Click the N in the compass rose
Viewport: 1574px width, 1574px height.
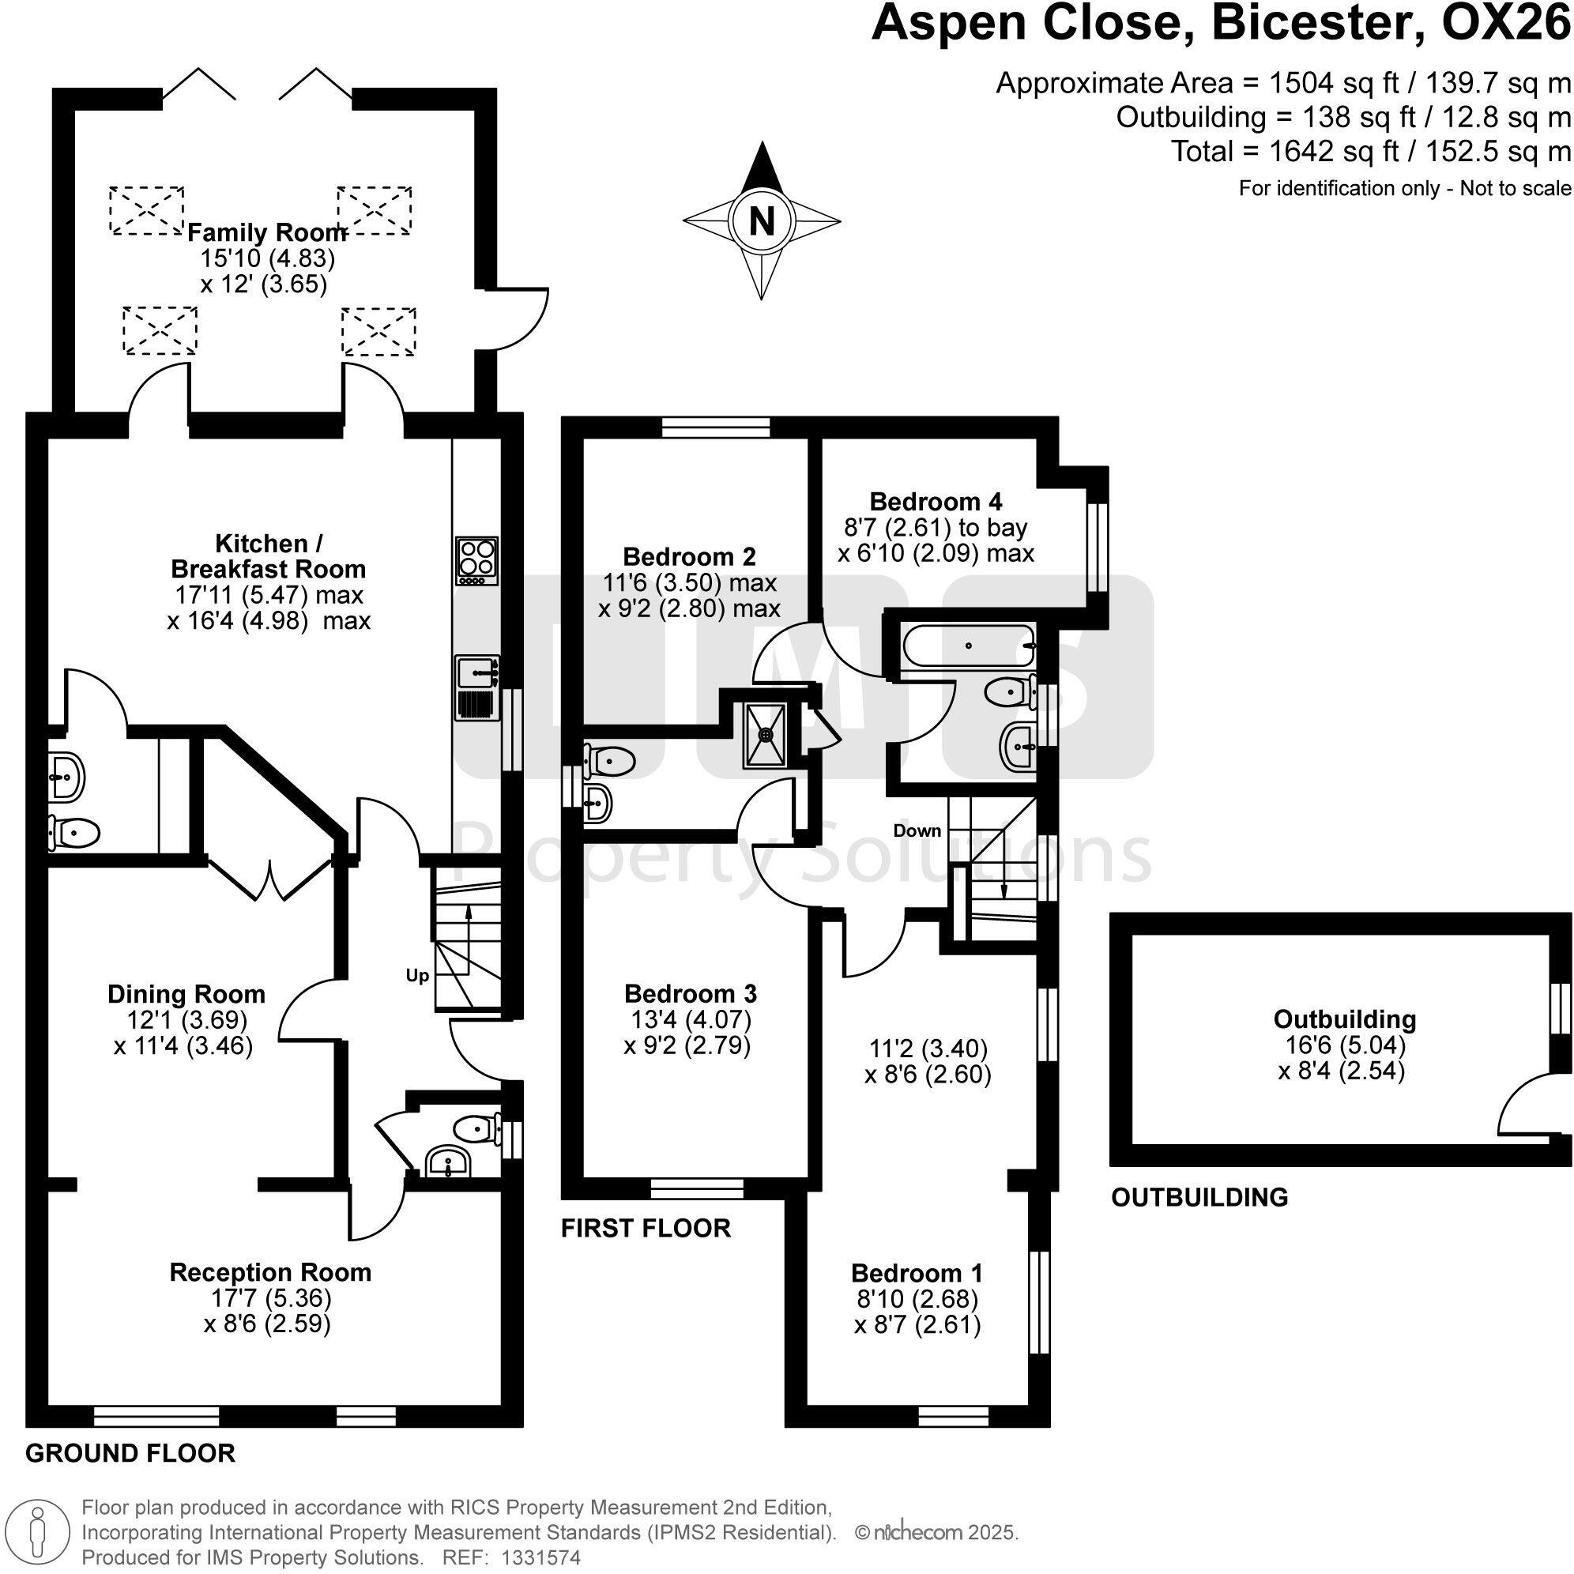point(761,220)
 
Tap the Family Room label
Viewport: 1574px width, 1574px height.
point(267,233)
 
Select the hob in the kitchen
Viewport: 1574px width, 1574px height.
point(476,559)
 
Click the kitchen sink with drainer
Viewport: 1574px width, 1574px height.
point(477,688)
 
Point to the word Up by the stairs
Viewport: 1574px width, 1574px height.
point(417,976)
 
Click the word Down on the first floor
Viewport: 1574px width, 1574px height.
point(917,831)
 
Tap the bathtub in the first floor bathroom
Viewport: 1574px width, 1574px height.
point(968,646)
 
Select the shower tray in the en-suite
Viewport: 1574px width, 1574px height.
point(765,736)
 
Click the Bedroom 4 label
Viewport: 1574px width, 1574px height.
point(936,501)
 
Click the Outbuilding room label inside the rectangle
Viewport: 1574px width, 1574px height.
point(1344,1019)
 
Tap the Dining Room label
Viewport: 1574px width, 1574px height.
point(186,994)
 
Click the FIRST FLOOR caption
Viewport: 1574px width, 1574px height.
point(646,1228)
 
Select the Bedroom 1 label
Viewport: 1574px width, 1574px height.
point(917,1273)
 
